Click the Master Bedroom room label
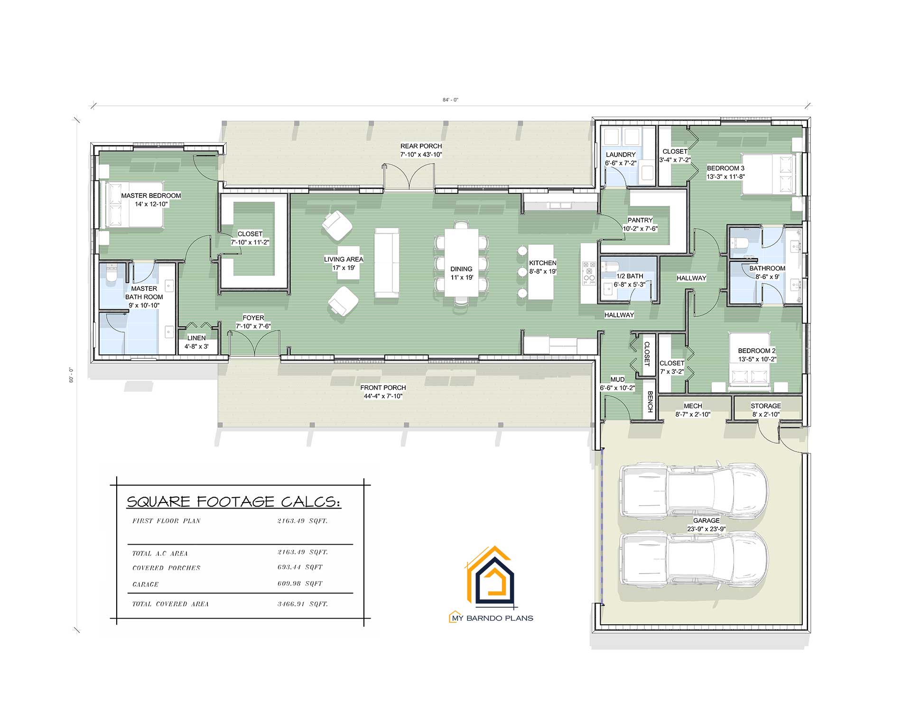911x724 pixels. tap(151, 195)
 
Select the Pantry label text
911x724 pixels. tap(640, 220)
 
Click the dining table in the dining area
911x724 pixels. tap(461, 262)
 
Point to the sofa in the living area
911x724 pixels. tap(387, 262)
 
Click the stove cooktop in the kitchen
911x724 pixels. tap(589, 273)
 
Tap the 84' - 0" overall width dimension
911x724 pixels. tap(450, 100)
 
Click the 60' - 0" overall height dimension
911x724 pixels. tap(72, 375)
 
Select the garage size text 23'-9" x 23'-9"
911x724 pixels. tap(706, 529)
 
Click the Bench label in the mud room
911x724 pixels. tap(650, 401)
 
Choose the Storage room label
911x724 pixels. tap(765, 406)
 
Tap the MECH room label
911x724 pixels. tap(693, 406)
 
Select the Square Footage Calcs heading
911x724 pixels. tap(233, 502)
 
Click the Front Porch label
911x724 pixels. tap(383, 388)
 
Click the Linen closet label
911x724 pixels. tap(196, 338)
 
